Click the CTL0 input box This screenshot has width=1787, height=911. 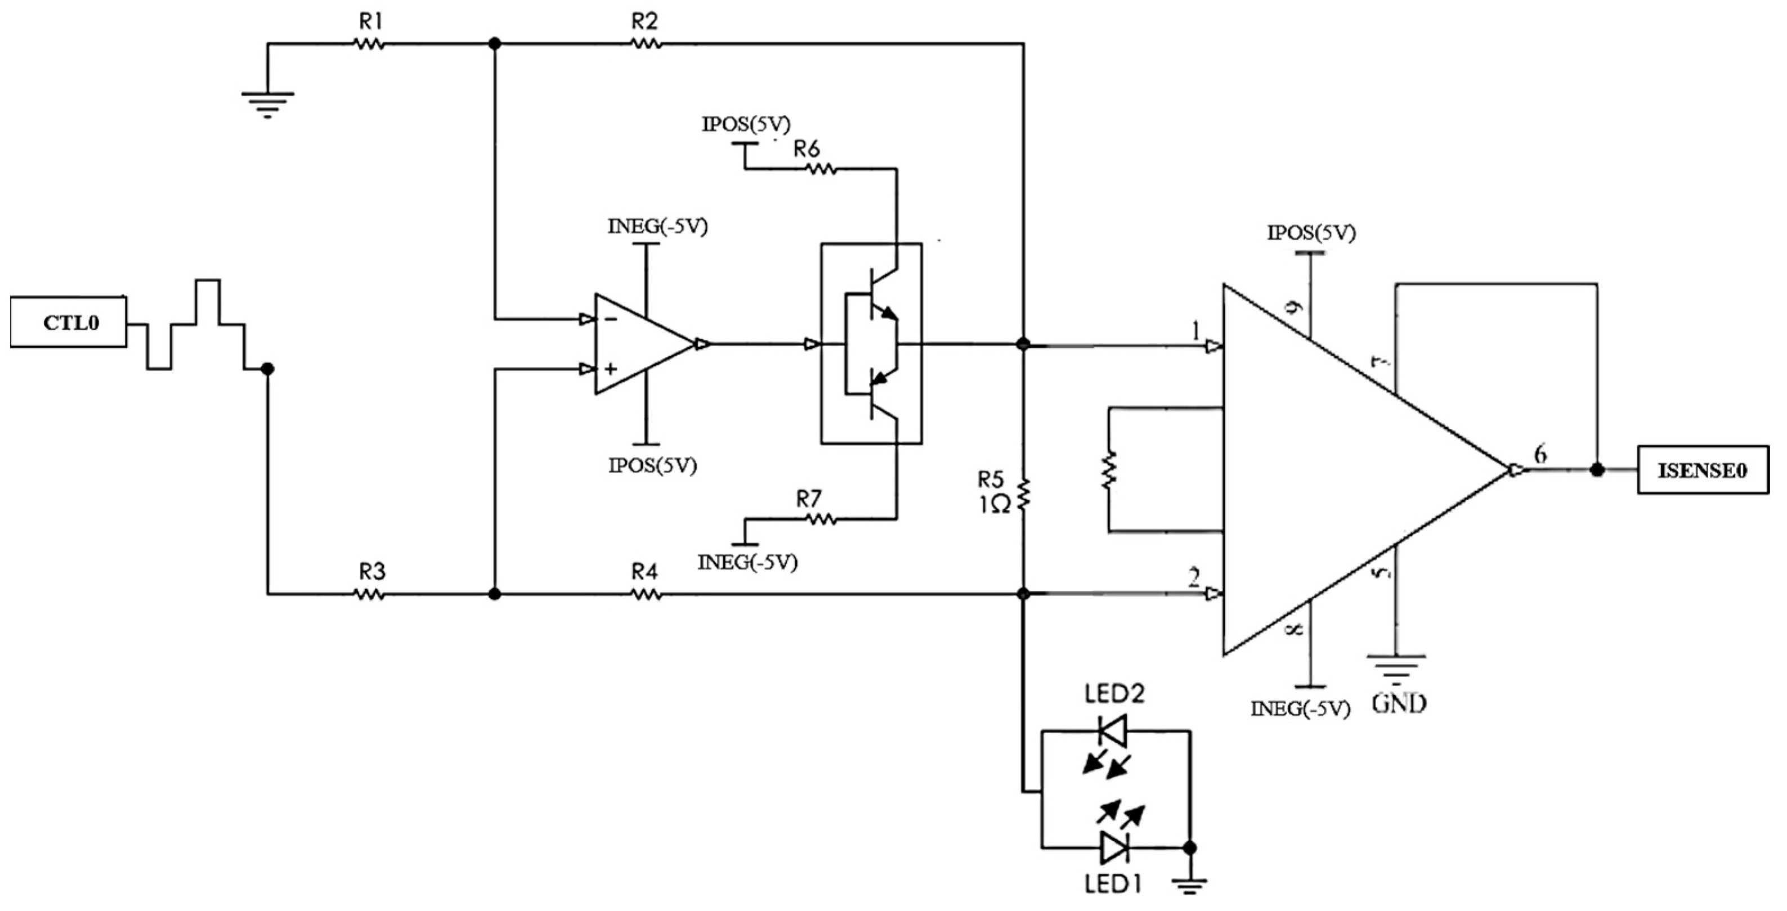pyautogui.click(x=69, y=322)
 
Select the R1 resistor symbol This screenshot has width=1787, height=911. pyautogui.click(x=369, y=44)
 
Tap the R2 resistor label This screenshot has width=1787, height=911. pyautogui.click(x=644, y=21)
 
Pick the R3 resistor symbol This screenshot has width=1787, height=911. pyautogui.click(x=369, y=594)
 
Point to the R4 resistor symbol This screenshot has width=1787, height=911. pyautogui.click(x=645, y=594)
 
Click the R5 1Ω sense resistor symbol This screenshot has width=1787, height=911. pyautogui.click(x=1024, y=494)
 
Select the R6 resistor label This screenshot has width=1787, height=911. pyautogui.click(x=806, y=149)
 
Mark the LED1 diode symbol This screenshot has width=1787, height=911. pyautogui.click(x=1114, y=847)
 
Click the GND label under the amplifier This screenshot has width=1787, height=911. pyautogui.click(x=1399, y=704)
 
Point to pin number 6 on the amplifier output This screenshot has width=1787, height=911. pyautogui.click(x=1540, y=454)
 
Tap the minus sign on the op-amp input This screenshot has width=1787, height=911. pyautogui.click(x=611, y=319)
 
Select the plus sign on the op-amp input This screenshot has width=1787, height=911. pyautogui.click(x=611, y=369)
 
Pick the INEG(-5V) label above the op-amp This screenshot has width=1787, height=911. pyautogui.click(x=657, y=227)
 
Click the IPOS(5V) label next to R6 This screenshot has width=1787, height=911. pyautogui.click(x=746, y=124)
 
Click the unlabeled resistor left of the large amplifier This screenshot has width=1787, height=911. pyautogui.click(x=1109, y=470)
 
